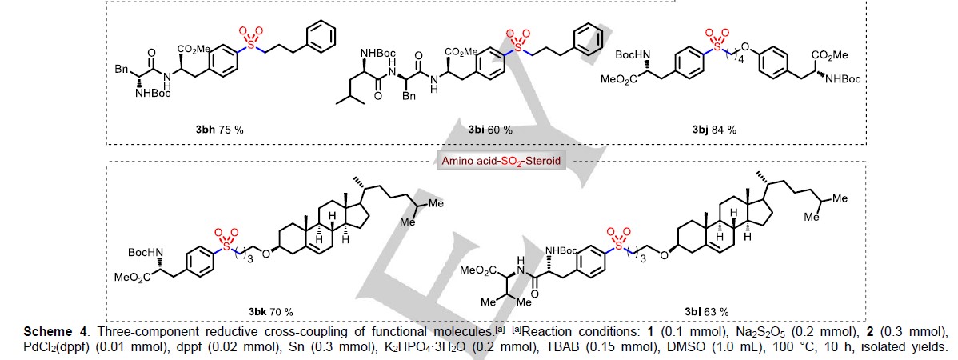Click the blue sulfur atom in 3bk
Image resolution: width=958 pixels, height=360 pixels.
click(x=219, y=248)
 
